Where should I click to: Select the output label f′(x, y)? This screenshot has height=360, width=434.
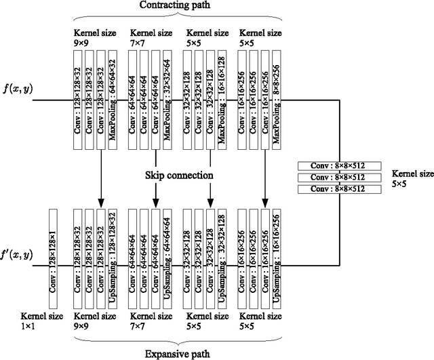[x=17, y=256]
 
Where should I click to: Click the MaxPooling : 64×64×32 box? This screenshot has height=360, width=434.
[x=113, y=99]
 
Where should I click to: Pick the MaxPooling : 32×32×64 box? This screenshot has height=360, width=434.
[x=167, y=99]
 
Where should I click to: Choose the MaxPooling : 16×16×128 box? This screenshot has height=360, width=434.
[x=222, y=99]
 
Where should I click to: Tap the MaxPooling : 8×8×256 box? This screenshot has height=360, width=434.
[x=276, y=99]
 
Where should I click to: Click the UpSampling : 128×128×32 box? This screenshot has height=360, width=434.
[x=113, y=256]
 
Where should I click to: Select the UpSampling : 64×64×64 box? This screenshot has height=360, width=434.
[x=167, y=256]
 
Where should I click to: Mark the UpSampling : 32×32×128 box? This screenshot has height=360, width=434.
[x=222, y=256]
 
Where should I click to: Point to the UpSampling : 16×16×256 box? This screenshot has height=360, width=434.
[x=276, y=256]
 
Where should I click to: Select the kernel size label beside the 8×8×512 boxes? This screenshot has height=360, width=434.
[x=406, y=178]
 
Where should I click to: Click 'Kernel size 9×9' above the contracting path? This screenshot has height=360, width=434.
[x=91, y=37]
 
